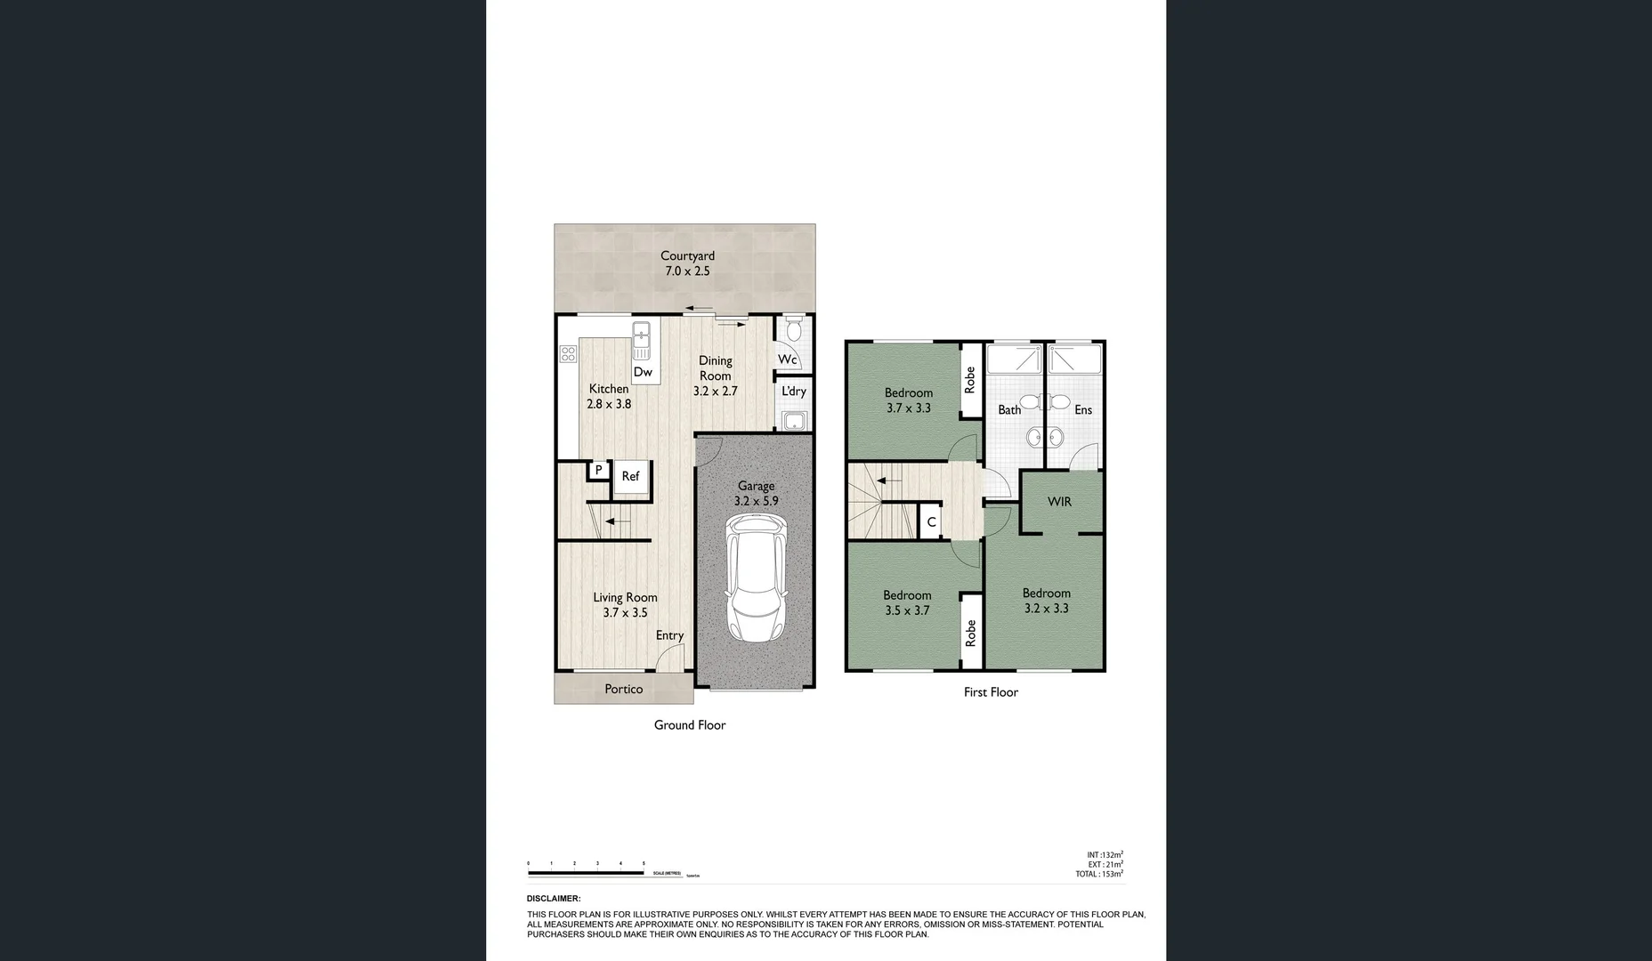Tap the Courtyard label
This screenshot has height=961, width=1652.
(687, 256)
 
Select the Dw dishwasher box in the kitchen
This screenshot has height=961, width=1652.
(644, 372)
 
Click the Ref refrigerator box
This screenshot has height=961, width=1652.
(631, 477)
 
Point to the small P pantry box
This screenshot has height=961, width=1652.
(598, 470)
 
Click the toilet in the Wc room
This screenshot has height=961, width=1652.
(795, 331)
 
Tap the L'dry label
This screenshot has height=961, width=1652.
(793, 392)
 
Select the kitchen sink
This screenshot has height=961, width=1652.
(642, 339)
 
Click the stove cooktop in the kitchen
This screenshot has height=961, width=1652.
(568, 354)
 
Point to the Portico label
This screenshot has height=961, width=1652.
(623, 690)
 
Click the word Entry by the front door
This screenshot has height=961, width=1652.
(669, 635)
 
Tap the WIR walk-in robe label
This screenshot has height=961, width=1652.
(1059, 502)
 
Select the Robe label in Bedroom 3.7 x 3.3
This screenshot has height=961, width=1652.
(970, 381)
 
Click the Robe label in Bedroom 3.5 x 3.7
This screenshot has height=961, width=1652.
(970, 634)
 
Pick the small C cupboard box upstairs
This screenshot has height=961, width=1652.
(931, 522)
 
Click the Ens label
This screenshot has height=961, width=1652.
(1082, 410)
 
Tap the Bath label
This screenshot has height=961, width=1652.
(1009, 410)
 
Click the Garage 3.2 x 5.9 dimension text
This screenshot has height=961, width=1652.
(756, 502)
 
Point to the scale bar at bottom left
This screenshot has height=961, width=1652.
(586, 873)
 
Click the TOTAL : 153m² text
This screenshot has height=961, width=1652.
(1098, 874)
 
